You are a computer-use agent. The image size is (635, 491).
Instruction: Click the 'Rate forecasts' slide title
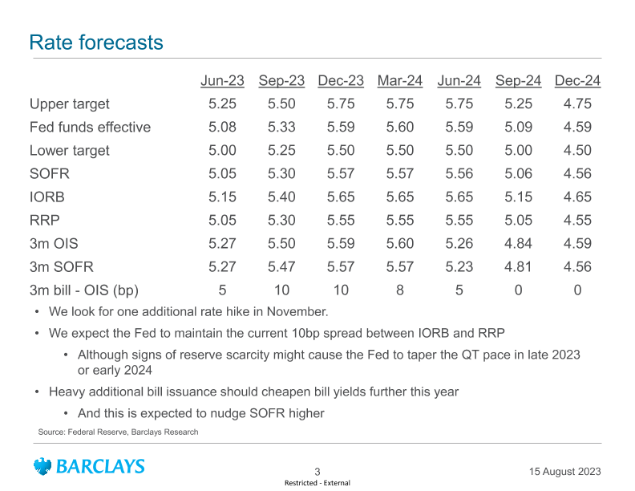[96, 43]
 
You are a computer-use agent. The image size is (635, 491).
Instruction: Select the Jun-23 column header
[222, 81]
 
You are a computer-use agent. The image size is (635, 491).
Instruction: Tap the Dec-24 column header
[577, 81]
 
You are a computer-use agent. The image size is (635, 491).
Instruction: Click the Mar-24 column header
[400, 81]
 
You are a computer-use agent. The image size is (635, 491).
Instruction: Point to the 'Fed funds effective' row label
[90, 128]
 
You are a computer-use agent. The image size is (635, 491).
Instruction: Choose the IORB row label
[47, 197]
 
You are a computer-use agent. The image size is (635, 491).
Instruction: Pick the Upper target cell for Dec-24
[577, 104]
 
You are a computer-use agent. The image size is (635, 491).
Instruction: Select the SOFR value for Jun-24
[459, 173]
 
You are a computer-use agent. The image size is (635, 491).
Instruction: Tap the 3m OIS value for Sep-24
[518, 243]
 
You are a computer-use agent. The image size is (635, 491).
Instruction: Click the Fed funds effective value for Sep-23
[281, 128]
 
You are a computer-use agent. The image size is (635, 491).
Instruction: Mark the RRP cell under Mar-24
[400, 220]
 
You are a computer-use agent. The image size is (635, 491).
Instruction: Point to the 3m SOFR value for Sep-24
[518, 266]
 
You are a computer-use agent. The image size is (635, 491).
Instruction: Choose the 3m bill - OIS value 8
[400, 290]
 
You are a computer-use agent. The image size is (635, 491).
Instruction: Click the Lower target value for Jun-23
[222, 150]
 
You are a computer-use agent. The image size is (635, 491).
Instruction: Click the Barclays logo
[89, 466]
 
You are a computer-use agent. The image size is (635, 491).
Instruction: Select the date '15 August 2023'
[565, 471]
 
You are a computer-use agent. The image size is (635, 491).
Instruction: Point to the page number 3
[317, 472]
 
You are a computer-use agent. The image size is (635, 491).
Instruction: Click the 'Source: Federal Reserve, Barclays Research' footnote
[118, 432]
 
